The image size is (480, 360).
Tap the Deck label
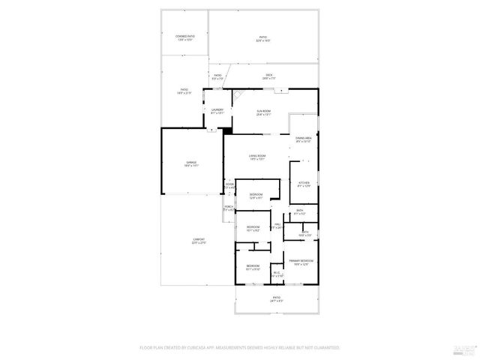[268, 76]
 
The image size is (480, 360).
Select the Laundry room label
[217, 112]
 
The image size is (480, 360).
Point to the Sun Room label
[264, 113]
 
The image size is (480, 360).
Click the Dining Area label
[304, 139]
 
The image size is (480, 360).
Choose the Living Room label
[257, 157]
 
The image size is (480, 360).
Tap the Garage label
[192, 163]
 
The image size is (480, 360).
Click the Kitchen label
[304, 184]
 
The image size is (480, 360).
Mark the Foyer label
[229, 185]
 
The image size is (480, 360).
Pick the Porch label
[228, 208]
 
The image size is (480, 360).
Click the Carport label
[198, 241]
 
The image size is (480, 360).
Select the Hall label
[277, 225]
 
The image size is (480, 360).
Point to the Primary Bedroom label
[301, 262]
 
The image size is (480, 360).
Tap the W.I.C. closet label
[277, 274]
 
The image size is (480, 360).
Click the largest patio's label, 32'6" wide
[263, 38]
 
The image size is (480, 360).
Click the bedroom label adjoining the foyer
[256, 196]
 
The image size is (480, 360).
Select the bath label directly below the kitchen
[299, 211]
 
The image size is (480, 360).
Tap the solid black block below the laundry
[228, 130]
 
